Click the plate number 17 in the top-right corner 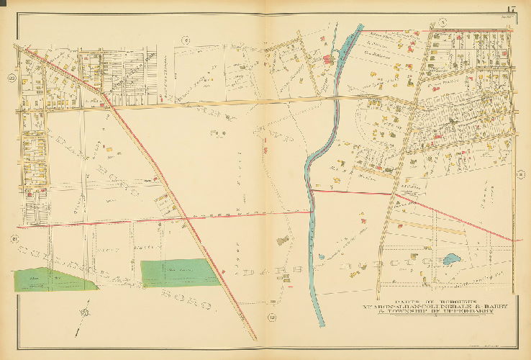click(x=510, y=9)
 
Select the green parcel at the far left click(x=54, y=279)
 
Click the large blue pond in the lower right click(x=451, y=259)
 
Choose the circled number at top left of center click(x=185, y=41)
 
